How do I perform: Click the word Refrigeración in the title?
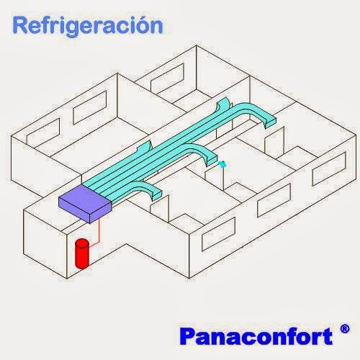click(x=88, y=26)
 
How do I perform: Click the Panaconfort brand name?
click(x=256, y=336)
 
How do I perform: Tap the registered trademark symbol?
click(x=345, y=329)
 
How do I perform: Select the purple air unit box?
click(x=85, y=204)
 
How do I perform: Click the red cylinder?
click(x=82, y=253)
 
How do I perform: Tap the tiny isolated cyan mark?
click(x=223, y=164)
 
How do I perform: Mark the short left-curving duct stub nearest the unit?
click(x=145, y=147)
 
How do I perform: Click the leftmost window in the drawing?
click(x=43, y=131)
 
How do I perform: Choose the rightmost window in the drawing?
click(x=329, y=168)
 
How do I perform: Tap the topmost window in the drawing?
click(x=167, y=78)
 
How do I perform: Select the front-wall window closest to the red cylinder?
click(x=218, y=234)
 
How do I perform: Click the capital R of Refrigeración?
click(x=21, y=25)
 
